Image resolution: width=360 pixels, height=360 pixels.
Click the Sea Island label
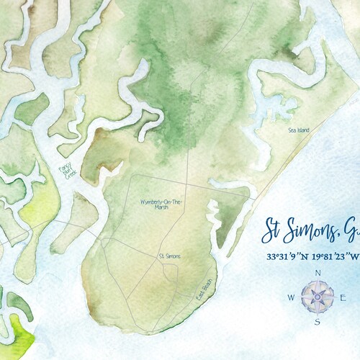point(299,130)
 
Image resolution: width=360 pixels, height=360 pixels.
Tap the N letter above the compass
point(317,273)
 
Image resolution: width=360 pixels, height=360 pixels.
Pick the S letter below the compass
point(317,322)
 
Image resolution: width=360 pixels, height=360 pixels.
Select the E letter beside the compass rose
point(343,297)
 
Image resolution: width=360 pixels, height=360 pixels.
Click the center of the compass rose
point(317,297)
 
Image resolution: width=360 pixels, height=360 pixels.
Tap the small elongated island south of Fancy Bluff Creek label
point(83,216)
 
